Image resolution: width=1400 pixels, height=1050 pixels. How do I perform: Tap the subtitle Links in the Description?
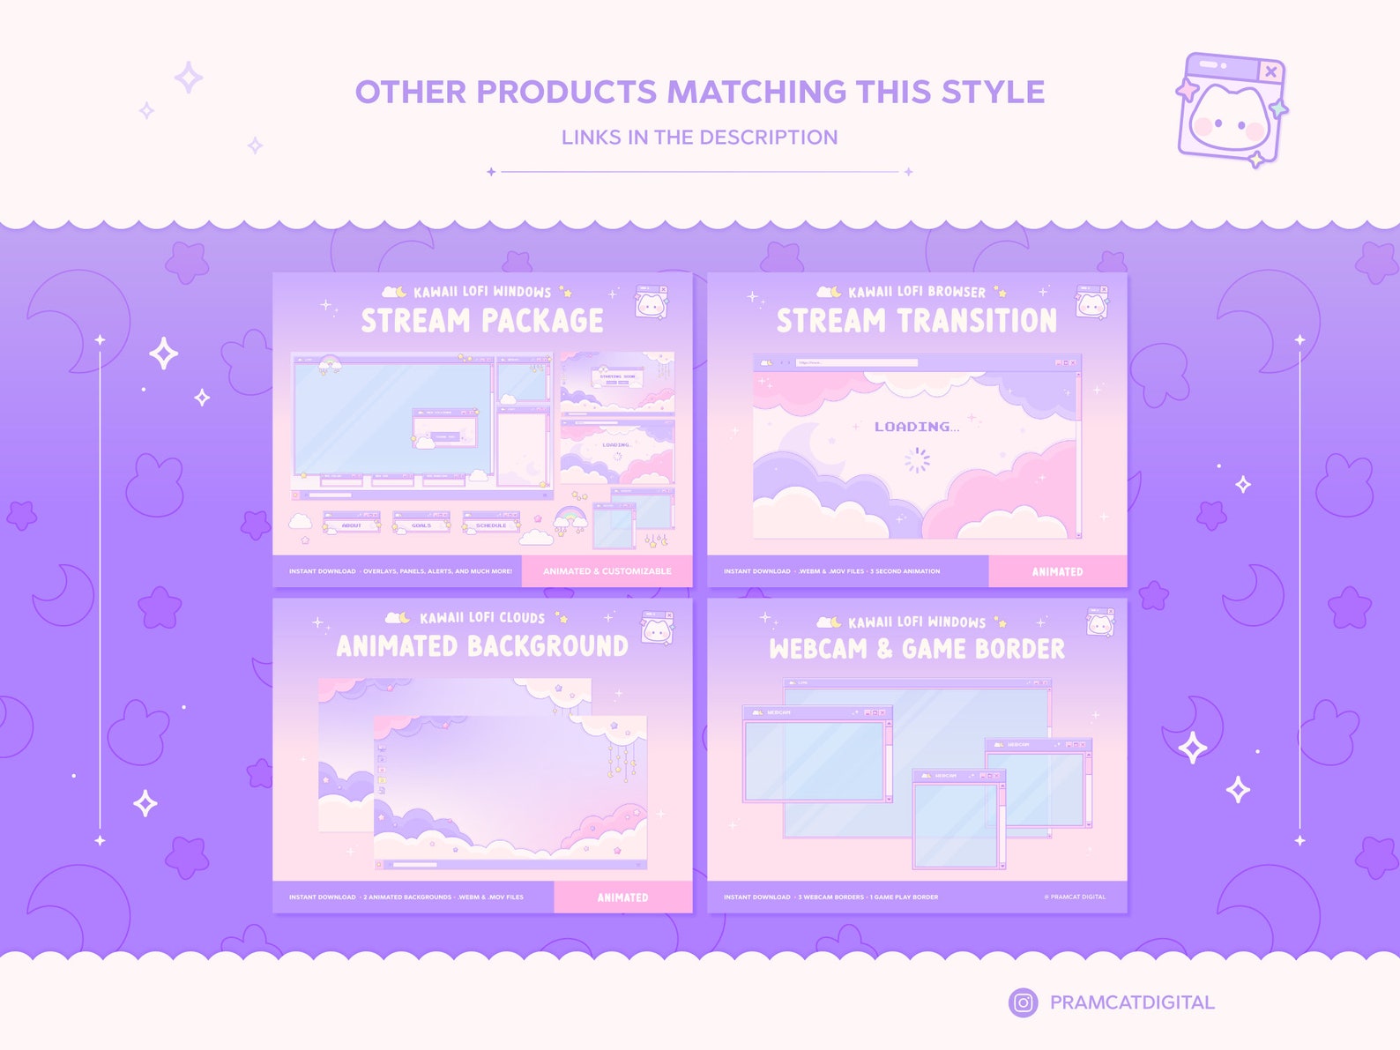coord(699,138)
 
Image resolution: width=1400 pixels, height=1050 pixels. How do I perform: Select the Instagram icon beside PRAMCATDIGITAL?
coord(1023,1002)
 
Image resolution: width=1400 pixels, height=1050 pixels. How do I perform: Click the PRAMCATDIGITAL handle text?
coord(1132,1002)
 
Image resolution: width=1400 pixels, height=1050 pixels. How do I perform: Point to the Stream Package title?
coord(482,321)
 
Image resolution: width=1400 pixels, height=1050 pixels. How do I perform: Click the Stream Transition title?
coord(916,321)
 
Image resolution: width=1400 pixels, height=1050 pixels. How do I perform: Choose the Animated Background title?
coord(482,646)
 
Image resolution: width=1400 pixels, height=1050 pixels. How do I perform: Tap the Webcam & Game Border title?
coord(916,649)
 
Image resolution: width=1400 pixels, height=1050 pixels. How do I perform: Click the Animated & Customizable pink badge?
coord(607,571)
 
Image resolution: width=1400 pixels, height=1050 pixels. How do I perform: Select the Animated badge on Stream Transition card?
coord(1057,571)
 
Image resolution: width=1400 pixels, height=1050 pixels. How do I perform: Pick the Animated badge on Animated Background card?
coord(622,897)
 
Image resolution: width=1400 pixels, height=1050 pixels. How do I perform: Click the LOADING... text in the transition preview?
coord(916,427)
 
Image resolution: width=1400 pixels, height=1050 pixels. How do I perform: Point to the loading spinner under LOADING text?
coord(917,459)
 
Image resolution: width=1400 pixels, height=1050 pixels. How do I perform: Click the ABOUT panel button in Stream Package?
coord(352,525)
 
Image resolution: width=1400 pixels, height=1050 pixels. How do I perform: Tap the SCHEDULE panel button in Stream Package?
coord(491,525)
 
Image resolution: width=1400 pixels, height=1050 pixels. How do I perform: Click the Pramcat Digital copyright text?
coord(1075,897)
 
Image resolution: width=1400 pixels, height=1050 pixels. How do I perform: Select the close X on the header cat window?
coord(1270,71)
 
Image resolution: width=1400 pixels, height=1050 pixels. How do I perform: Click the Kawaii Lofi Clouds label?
coord(482,618)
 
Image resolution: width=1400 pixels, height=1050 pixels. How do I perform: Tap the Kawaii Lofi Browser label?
coord(917,292)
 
